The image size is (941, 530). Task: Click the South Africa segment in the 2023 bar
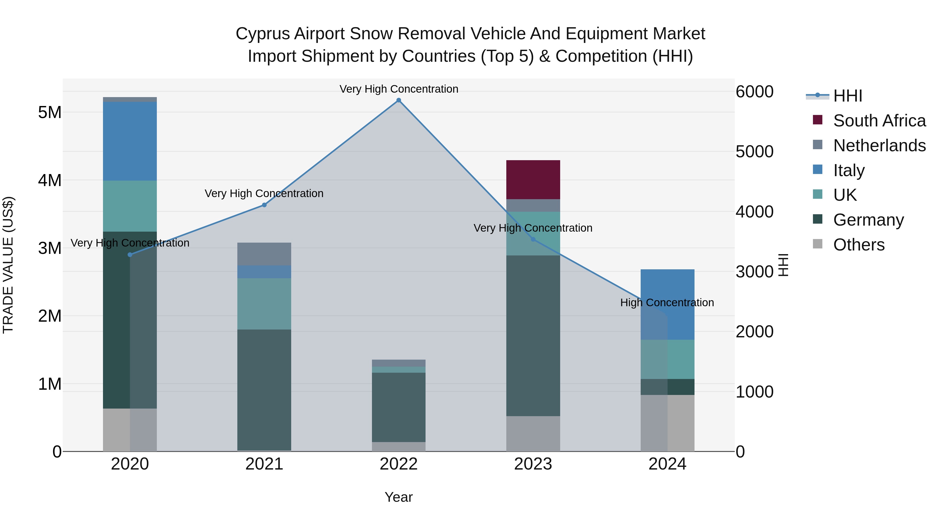[533, 180]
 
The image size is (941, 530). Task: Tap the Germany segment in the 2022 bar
[399, 407]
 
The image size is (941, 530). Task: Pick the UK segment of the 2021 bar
[264, 304]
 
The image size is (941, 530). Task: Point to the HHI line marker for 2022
[399, 100]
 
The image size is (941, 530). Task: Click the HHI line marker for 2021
[264, 205]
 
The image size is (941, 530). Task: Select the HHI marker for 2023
[533, 239]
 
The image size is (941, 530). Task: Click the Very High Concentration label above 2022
[399, 89]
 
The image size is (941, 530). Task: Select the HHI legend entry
[847, 96]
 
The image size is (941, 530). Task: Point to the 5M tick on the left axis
[50, 112]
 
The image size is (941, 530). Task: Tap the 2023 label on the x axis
[533, 464]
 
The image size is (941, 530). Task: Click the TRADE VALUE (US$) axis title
[8, 265]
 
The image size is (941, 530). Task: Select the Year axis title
[399, 497]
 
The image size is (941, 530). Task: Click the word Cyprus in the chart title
[262, 34]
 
